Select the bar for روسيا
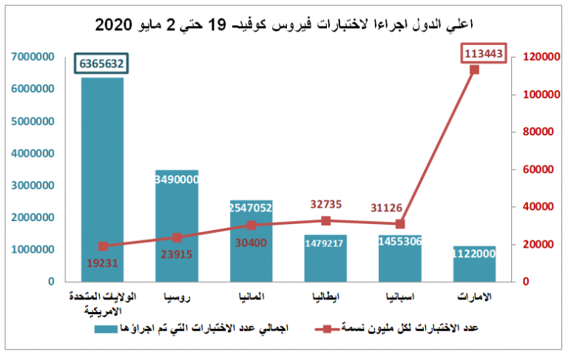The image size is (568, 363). pos(177,225)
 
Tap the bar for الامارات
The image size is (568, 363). pos(474,263)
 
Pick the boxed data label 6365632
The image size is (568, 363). pos(102,64)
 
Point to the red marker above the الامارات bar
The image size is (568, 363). pos(474,69)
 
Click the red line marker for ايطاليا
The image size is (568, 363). pos(325,221)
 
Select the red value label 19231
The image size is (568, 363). pos(101,261)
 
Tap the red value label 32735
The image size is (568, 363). pos(325,205)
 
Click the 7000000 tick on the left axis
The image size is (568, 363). pos(30,57)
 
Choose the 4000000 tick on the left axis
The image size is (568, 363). pos(30,153)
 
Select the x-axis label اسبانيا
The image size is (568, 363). pos(401,296)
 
